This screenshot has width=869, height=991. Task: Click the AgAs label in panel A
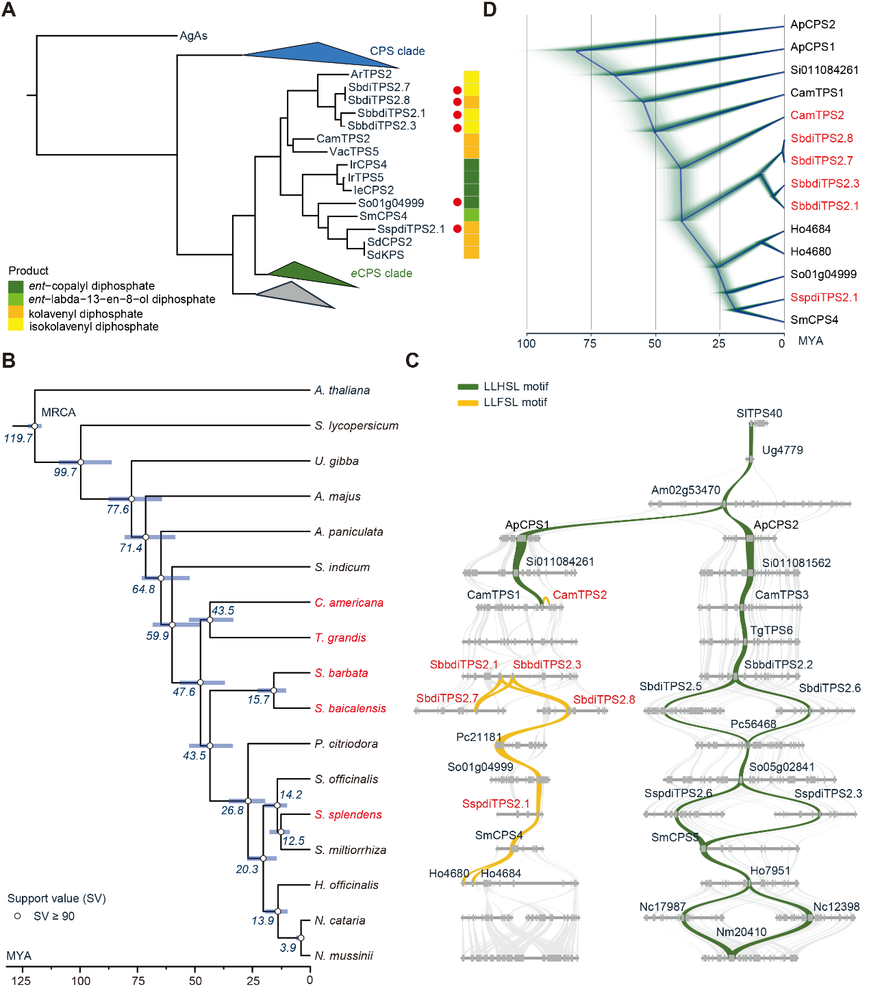(x=193, y=36)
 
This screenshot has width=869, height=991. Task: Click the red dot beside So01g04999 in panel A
(x=457, y=203)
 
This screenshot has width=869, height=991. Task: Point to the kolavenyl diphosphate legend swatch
(x=16, y=313)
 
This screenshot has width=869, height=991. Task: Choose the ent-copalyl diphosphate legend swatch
(x=16, y=286)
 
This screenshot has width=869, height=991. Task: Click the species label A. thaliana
(x=342, y=390)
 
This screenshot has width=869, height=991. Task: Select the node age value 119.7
(x=18, y=438)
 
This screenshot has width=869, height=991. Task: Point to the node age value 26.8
(x=232, y=810)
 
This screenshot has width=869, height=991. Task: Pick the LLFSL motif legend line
(x=468, y=403)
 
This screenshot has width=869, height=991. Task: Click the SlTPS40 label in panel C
(x=759, y=413)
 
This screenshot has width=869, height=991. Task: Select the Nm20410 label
(x=741, y=932)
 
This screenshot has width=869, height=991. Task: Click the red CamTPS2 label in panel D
(x=817, y=115)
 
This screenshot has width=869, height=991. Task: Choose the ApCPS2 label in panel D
(x=812, y=25)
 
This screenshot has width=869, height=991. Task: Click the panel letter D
(x=489, y=10)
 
